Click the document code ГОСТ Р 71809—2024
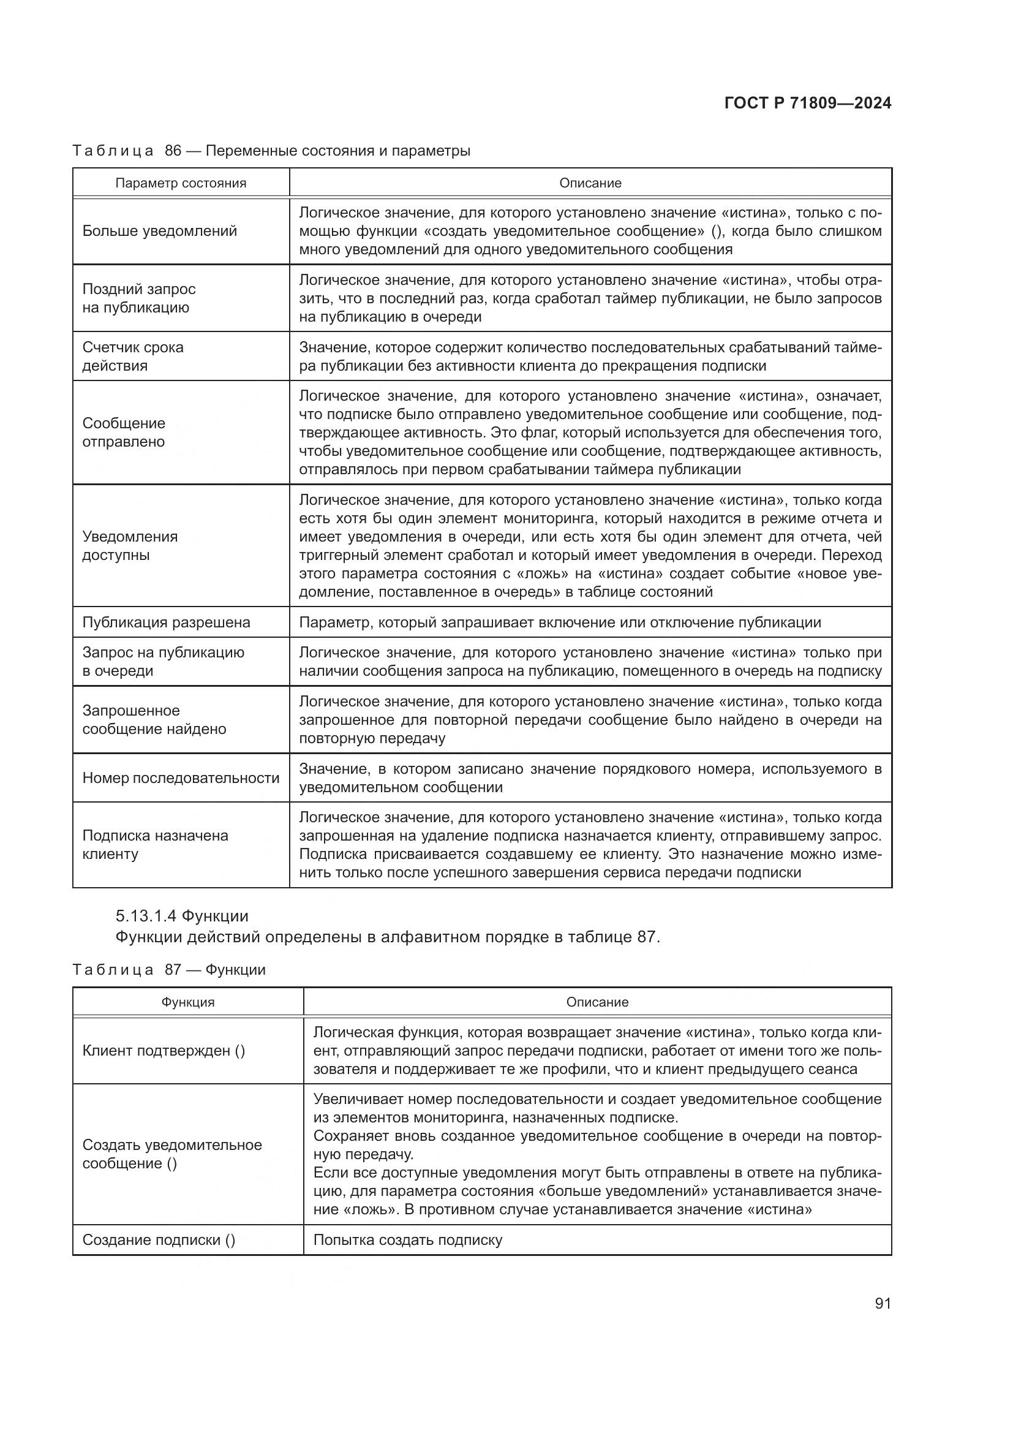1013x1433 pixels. [808, 104]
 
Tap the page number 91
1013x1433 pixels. [883, 1303]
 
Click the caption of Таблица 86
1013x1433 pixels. [271, 151]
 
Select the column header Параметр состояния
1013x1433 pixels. [181, 183]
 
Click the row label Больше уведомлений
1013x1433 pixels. [160, 231]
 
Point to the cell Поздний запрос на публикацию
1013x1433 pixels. [138, 298]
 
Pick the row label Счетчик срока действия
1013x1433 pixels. [133, 357]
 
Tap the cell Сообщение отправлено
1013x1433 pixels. [124, 433]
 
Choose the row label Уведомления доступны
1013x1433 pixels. [130, 545]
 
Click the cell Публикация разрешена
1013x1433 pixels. [166, 622]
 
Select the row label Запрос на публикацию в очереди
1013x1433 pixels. [163, 662]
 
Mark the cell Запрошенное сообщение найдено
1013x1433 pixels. [154, 720]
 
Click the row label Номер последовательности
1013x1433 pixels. [181, 777]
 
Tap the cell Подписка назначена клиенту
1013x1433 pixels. [155, 844]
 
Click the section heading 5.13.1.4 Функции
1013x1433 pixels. [182, 915]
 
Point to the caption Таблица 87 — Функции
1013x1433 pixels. [169, 969]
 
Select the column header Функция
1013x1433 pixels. [188, 1002]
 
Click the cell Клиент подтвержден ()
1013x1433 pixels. [164, 1051]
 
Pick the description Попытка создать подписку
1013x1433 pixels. [407, 1239]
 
